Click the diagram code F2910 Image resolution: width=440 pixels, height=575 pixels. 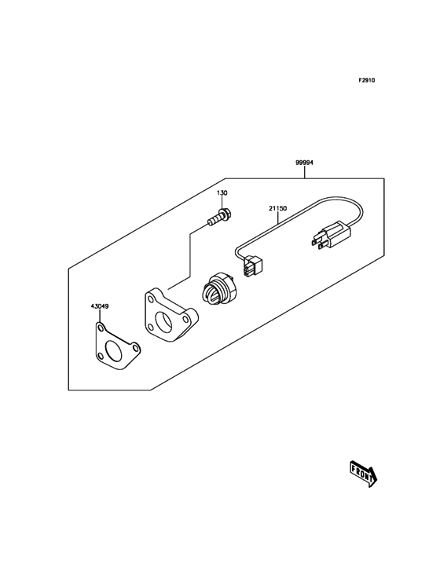click(x=367, y=80)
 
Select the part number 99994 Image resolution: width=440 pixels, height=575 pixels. click(x=304, y=163)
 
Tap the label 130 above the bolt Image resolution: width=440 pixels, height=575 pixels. click(x=222, y=193)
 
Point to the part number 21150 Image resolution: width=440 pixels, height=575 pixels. click(x=277, y=209)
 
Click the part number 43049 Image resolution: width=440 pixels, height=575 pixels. click(x=100, y=306)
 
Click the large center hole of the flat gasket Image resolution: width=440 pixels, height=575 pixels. click(x=113, y=350)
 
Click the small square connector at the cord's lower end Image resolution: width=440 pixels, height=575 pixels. click(x=253, y=266)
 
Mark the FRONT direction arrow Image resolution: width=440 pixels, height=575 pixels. click(x=363, y=473)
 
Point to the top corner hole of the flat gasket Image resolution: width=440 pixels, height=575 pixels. click(x=100, y=327)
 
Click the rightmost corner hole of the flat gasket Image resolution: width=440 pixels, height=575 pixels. click(x=135, y=346)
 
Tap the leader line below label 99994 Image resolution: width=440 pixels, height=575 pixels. click(x=305, y=172)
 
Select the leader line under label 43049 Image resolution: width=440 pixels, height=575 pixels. click(x=100, y=315)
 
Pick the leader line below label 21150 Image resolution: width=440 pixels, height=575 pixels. click(x=277, y=218)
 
